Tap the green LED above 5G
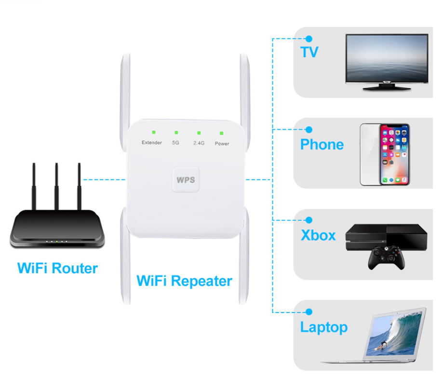pyautogui.click(x=176, y=132)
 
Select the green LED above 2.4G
pyautogui.click(x=199, y=133)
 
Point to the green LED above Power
pyautogui.click(x=222, y=133)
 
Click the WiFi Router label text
pyautogui.click(x=57, y=268)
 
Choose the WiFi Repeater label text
pyautogui.click(x=184, y=281)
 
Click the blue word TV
pyautogui.click(x=309, y=52)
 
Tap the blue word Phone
pyautogui.click(x=322, y=145)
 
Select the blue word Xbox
pyautogui.click(x=318, y=235)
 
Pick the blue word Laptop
pyautogui.click(x=323, y=327)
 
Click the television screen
pyautogui.click(x=387, y=59)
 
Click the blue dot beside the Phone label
pyautogui.click(x=309, y=130)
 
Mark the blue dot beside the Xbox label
pyautogui.click(x=309, y=220)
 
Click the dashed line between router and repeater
pyautogui.click(x=104, y=179)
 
